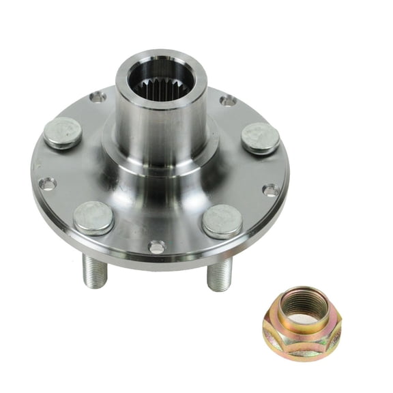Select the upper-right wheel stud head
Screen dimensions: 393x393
260,137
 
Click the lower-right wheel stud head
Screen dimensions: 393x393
222,220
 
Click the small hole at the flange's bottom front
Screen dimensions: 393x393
156,247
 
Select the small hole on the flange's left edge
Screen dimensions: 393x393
47,184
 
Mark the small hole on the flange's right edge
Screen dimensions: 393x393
270,190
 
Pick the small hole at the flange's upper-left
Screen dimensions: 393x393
98,97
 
